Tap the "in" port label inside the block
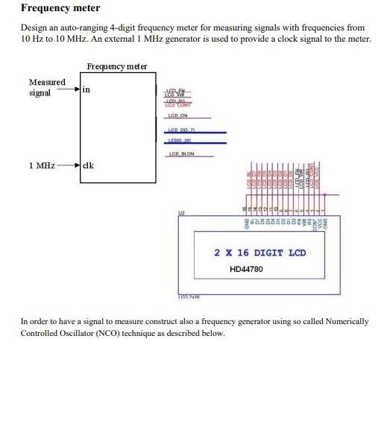(x=86, y=89)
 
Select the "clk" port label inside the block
(x=87, y=165)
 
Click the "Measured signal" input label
(x=46, y=87)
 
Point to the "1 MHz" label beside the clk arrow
(x=42, y=165)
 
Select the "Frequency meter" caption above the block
(x=116, y=67)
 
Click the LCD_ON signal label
(x=177, y=115)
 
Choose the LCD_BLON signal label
(x=181, y=154)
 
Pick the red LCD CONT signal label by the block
(x=177, y=105)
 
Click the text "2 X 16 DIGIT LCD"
(x=259, y=253)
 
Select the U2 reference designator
(x=180, y=213)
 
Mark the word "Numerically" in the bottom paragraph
(x=345, y=322)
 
